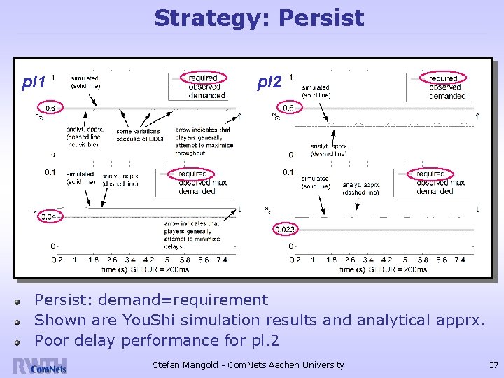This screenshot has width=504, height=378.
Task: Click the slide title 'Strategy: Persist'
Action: coord(259,17)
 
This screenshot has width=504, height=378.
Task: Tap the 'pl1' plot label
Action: coord(34,83)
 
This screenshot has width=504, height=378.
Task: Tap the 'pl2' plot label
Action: coord(269,83)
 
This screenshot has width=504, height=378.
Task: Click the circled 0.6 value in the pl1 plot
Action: coord(50,108)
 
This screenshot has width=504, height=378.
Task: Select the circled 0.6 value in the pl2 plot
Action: coord(288,108)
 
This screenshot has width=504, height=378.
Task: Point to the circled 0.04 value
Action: coord(50,217)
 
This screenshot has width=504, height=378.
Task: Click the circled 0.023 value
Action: coord(286,229)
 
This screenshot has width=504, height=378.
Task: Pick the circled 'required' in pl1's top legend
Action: coord(203,78)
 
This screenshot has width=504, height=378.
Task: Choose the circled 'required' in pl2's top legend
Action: coord(444,78)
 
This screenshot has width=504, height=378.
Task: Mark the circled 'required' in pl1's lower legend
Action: coord(192,174)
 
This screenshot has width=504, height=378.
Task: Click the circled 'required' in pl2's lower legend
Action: coord(430,174)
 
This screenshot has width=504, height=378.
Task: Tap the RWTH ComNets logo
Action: coord(39,365)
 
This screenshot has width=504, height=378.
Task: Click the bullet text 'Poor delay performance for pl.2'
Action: coord(157,341)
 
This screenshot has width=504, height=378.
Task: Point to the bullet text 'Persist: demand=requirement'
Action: coord(151,300)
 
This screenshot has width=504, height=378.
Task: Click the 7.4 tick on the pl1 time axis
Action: coord(221,260)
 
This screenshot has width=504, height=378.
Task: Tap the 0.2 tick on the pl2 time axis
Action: coord(295,260)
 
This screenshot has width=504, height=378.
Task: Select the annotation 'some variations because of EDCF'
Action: coord(138,134)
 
